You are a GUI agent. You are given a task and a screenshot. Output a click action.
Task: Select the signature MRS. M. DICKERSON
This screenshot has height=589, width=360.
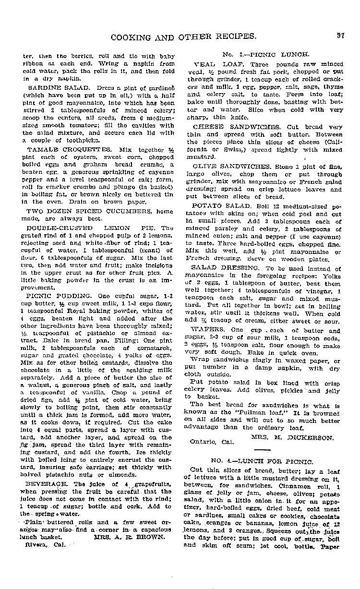292,437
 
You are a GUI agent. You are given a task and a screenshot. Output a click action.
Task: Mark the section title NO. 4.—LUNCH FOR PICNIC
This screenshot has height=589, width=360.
262,461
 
